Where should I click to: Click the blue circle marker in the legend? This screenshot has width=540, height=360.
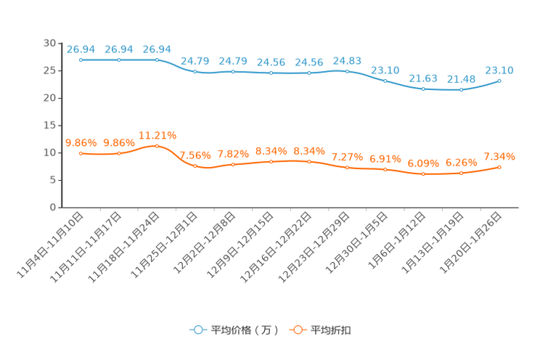click(197, 330)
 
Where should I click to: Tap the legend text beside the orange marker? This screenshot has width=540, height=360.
click(331, 330)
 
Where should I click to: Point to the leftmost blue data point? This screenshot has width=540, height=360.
click(81, 60)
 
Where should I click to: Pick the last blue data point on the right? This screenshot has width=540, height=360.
click(499, 81)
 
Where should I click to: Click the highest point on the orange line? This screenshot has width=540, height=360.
click(157, 146)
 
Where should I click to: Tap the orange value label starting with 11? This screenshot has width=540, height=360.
click(157, 134)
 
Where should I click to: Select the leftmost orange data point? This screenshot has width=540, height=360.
click(81, 153)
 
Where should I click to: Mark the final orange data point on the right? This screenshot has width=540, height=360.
click(499, 167)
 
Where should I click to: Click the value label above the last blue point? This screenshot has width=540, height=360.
click(499, 70)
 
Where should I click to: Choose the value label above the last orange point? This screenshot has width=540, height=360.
click(499, 156)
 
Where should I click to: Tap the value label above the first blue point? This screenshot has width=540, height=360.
click(81, 49)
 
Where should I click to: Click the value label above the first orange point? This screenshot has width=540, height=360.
click(81, 142)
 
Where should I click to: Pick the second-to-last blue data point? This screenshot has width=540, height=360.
click(461, 89)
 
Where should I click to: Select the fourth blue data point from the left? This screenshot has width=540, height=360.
click(195, 71)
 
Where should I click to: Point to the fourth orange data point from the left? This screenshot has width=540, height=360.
click(195, 165)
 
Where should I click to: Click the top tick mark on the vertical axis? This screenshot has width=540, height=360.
click(59, 44)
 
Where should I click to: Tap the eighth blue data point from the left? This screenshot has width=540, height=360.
click(347, 71)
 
